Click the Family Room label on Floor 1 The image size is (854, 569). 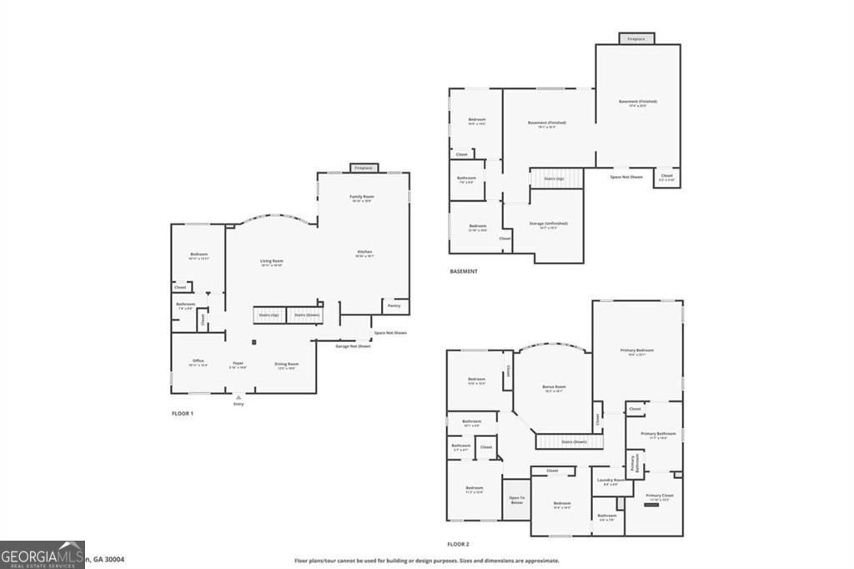(360, 197)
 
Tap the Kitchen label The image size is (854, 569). (364, 252)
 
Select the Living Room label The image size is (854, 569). (272, 261)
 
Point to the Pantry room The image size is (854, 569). (394, 306)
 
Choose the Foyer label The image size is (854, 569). (238, 363)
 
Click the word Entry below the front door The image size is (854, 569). (239, 404)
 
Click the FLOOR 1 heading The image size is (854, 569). (182, 413)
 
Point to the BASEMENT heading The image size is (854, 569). (464, 271)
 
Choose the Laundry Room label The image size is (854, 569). (610, 480)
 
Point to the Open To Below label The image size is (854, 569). (516, 500)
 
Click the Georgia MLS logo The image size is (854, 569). (42, 555)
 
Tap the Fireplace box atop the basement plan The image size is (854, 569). (636, 38)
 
